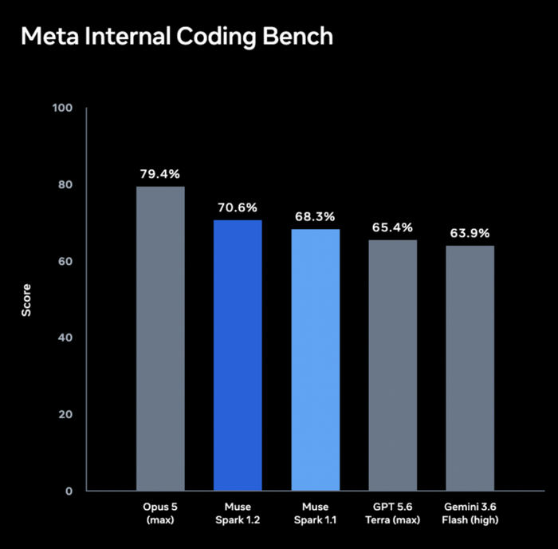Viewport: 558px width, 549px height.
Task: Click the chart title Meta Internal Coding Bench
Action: click(x=177, y=37)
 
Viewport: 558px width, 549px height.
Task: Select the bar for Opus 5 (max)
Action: click(x=160, y=338)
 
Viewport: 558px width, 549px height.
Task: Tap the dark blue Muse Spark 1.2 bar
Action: click(x=238, y=355)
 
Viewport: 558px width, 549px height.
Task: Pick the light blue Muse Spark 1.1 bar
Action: click(x=316, y=360)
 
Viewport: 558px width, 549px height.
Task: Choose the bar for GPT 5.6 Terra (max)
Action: click(x=393, y=365)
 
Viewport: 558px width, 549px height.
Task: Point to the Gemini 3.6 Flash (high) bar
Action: click(x=470, y=368)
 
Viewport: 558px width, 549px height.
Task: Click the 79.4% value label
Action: click(x=160, y=174)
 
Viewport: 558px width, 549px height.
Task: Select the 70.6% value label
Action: click(x=238, y=207)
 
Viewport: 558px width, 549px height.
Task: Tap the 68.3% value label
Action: click(x=315, y=216)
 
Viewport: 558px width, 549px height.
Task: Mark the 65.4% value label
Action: click(x=392, y=227)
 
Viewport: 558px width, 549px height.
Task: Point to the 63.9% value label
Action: click(x=470, y=233)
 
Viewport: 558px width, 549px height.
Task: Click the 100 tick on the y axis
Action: click(x=62, y=108)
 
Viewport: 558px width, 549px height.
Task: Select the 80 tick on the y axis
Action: click(x=65, y=184)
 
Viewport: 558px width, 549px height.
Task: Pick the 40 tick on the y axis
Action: click(x=65, y=338)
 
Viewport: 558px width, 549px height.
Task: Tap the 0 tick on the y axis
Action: click(x=69, y=491)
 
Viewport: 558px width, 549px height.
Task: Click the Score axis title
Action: click(x=26, y=300)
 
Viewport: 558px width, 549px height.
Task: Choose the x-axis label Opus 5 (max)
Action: click(x=160, y=513)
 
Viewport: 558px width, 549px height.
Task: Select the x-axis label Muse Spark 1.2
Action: click(x=238, y=513)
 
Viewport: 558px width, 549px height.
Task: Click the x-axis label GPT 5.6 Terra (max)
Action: click(x=392, y=513)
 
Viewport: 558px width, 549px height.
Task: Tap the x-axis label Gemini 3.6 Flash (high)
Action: click(x=470, y=513)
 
